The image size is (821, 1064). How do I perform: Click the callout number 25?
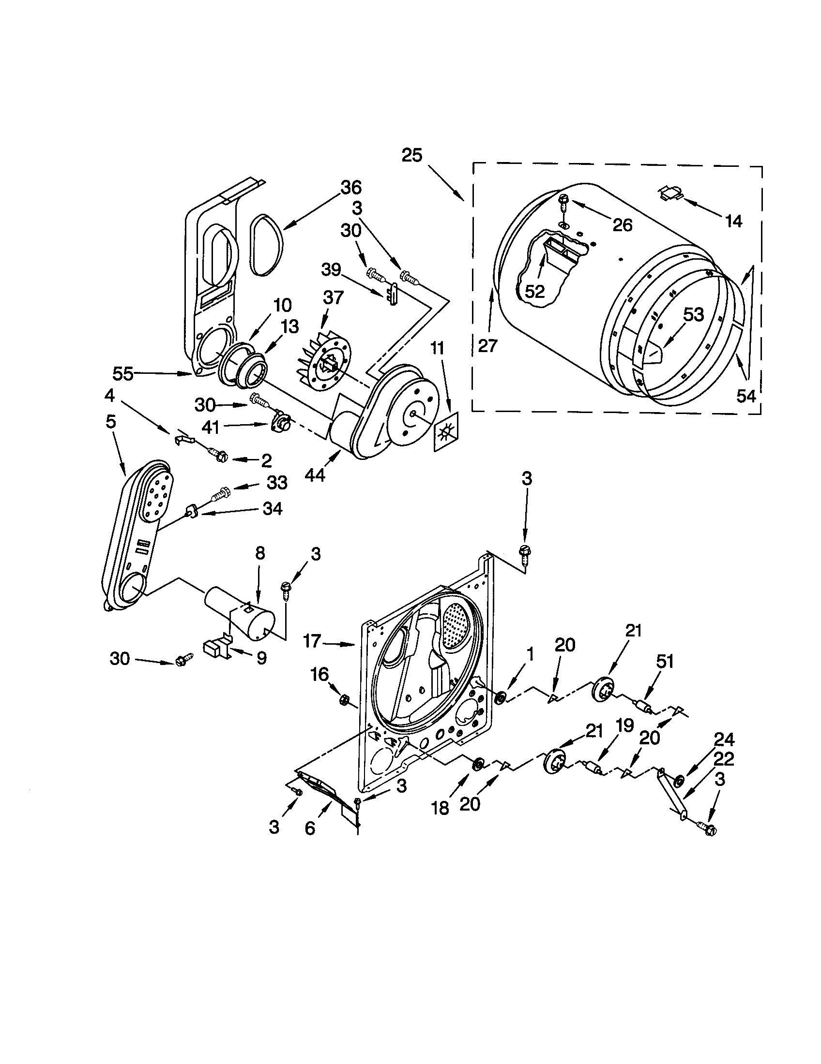[412, 156]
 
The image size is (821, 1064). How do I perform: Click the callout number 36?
[351, 188]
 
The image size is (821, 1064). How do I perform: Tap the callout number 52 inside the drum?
[535, 291]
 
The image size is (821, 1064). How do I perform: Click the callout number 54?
[745, 396]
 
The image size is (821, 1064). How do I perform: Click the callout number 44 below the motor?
[315, 475]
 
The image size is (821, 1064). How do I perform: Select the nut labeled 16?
[343, 701]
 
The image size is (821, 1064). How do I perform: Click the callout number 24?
[724, 740]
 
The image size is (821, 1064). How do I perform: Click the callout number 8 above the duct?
[260, 554]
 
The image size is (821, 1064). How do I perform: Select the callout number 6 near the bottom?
[310, 828]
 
